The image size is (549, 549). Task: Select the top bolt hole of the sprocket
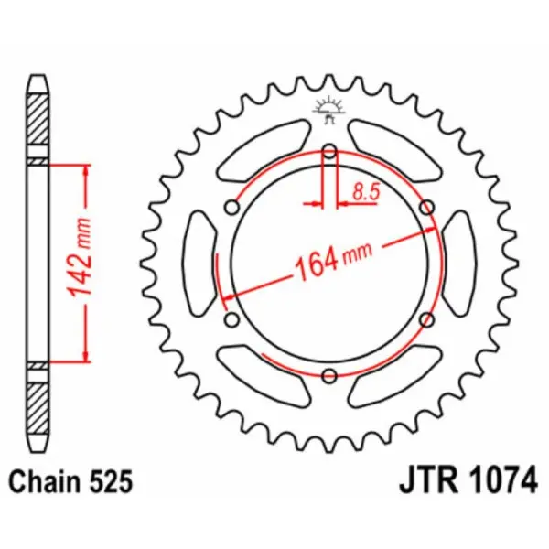click(x=328, y=153)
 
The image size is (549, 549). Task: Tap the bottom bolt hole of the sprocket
click(x=328, y=372)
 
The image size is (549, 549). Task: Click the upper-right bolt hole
click(x=425, y=209)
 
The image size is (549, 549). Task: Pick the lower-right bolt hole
click(x=425, y=318)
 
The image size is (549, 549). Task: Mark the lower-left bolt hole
click(x=231, y=318)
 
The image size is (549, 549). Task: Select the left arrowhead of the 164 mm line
click(x=231, y=296)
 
